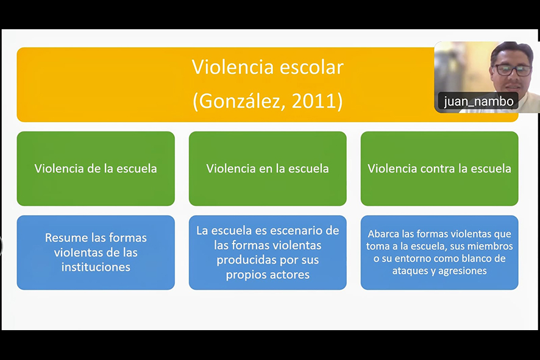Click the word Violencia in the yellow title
[233, 67]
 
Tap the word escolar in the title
[311, 67]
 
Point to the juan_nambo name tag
[478, 102]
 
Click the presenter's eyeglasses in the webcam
[513, 70]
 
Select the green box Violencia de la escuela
[96, 169]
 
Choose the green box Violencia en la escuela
[268, 169]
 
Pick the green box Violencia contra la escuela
[439, 169]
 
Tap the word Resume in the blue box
[66, 238]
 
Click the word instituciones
[96, 267]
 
